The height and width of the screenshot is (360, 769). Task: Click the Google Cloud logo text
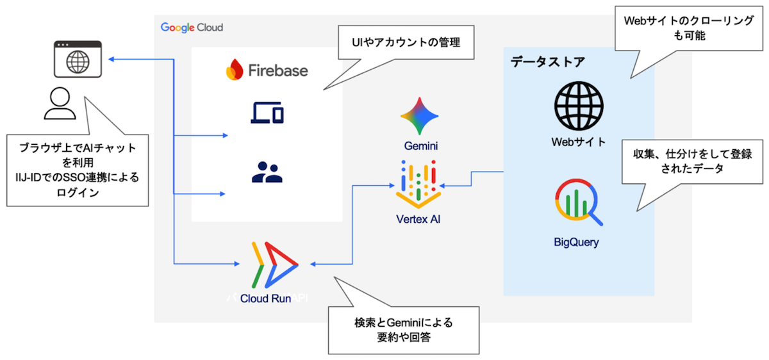coord(192,28)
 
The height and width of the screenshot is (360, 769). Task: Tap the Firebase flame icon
coord(235,69)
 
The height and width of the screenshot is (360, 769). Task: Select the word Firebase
coord(277,70)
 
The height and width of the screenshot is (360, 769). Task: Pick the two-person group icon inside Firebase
coord(267,172)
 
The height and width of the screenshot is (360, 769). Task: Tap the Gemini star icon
coord(420,116)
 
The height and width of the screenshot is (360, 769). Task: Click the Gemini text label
coord(420,146)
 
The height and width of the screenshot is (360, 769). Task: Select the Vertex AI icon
coord(418,182)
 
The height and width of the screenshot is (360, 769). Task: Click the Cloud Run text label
coord(266,298)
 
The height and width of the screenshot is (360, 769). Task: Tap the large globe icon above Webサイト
coord(579,106)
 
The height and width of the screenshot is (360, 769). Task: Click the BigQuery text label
coord(577,242)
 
